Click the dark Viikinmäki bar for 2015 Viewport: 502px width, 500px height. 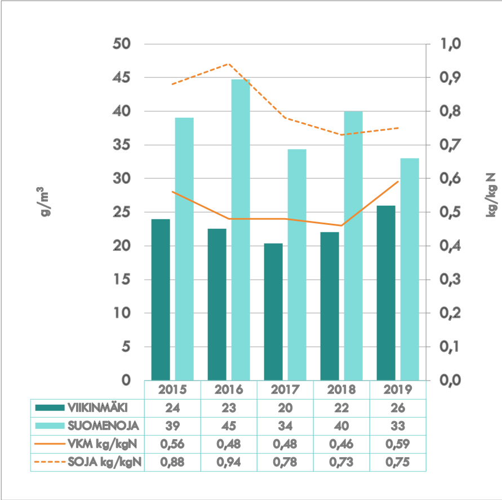(x=161, y=299)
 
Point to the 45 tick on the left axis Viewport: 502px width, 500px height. (x=122, y=78)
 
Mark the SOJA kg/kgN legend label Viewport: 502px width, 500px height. (x=104, y=463)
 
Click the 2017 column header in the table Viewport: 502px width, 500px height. (x=285, y=390)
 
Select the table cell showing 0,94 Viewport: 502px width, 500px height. (x=228, y=463)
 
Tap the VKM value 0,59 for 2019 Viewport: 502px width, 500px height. (x=397, y=444)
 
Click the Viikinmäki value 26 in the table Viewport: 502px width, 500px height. (x=397, y=408)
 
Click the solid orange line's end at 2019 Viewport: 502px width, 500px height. (x=398, y=182)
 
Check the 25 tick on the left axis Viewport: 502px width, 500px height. (x=122, y=213)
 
